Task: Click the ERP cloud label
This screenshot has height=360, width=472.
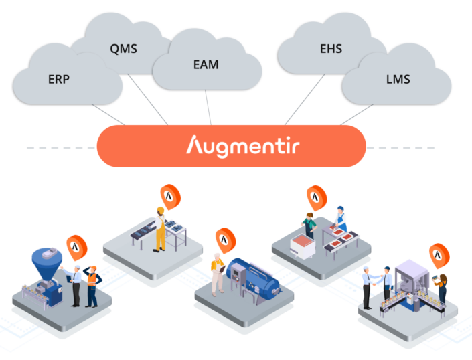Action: tap(59, 78)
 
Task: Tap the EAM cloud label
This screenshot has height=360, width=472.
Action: tap(205, 65)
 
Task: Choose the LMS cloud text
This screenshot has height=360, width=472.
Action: tap(398, 79)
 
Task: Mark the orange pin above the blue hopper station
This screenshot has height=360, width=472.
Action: tap(77, 246)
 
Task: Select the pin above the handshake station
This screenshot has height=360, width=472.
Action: tap(439, 254)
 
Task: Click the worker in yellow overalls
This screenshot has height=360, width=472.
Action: tap(160, 230)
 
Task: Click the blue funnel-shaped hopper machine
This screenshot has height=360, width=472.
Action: tap(46, 264)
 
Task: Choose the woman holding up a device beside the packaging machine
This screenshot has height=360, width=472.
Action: tap(442, 288)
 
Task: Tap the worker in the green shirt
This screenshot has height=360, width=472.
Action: tap(308, 225)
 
